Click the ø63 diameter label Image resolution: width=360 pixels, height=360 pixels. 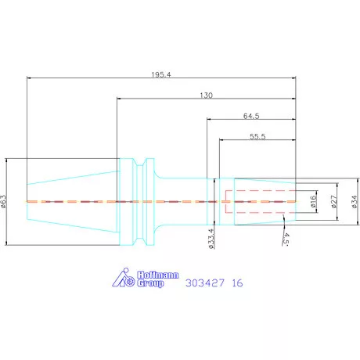tap(5, 202)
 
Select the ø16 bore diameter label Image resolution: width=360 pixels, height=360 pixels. tap(313, 202)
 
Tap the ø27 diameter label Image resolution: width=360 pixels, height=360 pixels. tap(333, 202)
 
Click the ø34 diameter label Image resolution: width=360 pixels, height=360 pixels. tap(354, 202)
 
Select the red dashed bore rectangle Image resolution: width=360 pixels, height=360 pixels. tap(258, 202)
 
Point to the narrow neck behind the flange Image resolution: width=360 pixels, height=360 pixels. tap(180, 201)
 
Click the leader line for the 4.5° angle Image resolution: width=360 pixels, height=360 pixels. tap(280, 224)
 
